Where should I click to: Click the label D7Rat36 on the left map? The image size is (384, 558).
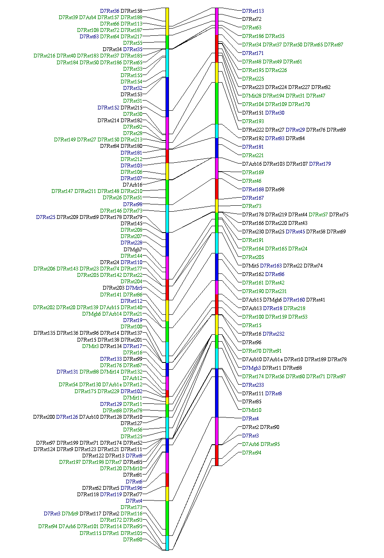pyautogui.click(x=110, y=11)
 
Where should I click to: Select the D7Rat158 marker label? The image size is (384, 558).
pyautogui.click(x=131, y=11)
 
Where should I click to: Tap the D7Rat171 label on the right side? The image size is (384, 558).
pyautogui.click(x=253, y=53)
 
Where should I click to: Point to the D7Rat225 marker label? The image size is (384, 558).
pyautogui.click(x=253, y=79)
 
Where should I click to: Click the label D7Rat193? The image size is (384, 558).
pyautogui.click(x=253, y=121)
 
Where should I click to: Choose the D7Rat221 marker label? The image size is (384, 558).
pyautogui.click(x=253, y=155)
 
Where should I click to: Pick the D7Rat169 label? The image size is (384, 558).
pyautogui.click(x=253, y=173)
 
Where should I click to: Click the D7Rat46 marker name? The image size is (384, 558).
pyautogui.click(x=251, y=181)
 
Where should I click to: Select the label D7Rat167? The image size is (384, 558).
pyautogui.click(x=253, y=198)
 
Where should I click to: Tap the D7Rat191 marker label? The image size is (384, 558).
pyautogui.click(x=253, y=240)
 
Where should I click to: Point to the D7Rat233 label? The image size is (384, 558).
pyautogui.click(x=253, y=385)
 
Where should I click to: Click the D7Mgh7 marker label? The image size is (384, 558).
pyautogui.click(x=133, y=249)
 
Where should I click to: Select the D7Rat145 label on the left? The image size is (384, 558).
pyautogui.click(x=131, y=224)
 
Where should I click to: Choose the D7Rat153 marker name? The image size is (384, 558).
pyautogui.click(x=131, y=95)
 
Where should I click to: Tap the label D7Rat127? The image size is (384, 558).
pyautogui.click(x=131, y=423)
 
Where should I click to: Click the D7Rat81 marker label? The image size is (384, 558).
pyautogui.click(x=133, y=475)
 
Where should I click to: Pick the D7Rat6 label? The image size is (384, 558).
pyautogui.click(x=134, y=481)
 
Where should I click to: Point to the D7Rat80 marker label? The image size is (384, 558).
pyautogui.click(x=133, y=540)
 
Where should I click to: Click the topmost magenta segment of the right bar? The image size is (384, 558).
pyautogui.click(x=217, y=21)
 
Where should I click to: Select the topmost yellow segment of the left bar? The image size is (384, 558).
pyautogui.click(x=167, y=21)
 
